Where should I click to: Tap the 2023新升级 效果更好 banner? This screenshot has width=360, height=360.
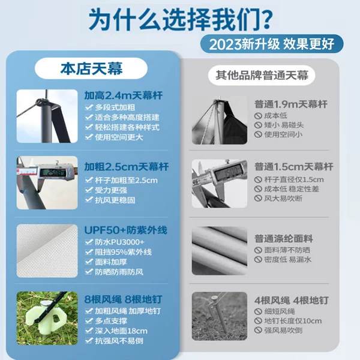point(272,44)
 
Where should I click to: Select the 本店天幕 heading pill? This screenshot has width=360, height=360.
point(91,68)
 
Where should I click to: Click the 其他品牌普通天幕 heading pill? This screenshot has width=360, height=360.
point(262,76)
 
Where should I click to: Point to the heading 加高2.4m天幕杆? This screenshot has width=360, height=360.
point(124,95)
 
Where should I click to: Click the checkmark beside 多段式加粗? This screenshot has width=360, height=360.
point(89,107)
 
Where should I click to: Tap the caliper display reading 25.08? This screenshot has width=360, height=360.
point(53,172)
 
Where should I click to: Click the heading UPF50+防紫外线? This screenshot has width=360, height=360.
point(126,230)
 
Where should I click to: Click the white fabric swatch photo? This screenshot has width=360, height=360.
point(47,251)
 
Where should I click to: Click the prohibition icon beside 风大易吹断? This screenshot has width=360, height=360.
point(258,198)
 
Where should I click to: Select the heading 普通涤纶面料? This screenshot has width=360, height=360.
point(284,239)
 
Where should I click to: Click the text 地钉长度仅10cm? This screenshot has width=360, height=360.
point(293,321)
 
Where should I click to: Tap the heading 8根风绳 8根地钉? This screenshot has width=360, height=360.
point(123,299)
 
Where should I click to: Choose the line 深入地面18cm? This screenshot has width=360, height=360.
point(121,331)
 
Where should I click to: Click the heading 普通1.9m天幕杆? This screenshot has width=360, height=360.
point(291,104)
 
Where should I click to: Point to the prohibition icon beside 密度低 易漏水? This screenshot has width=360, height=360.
point(258,259)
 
